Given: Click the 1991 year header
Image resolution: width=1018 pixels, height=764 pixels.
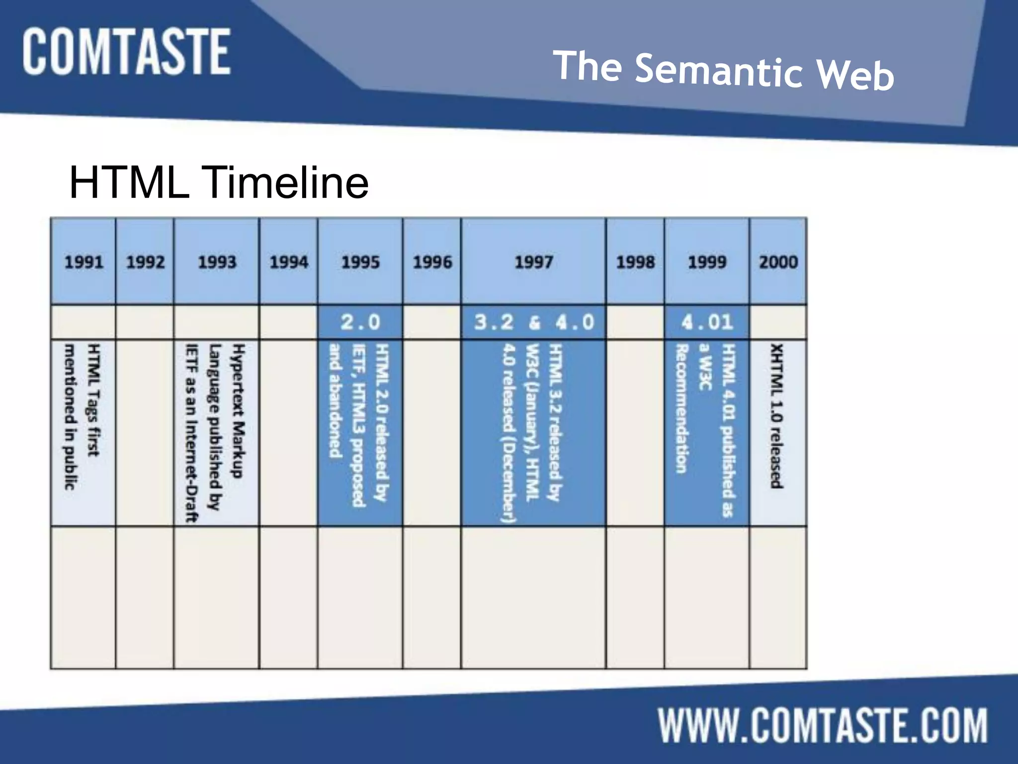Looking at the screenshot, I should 84,262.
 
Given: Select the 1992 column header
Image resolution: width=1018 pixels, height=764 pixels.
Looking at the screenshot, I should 145,262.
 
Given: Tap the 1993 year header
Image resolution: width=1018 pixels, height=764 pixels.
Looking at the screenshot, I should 217,262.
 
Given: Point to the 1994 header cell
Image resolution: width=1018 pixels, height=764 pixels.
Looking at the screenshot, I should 289,262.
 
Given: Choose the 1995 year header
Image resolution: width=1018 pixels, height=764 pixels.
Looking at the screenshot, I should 360,262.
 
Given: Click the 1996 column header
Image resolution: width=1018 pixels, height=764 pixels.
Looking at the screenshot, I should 432,262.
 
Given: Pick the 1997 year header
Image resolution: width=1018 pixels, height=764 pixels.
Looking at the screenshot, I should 533,262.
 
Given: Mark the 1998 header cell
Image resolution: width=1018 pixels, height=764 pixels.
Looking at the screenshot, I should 635,262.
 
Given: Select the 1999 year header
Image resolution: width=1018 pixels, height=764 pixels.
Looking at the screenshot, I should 707,262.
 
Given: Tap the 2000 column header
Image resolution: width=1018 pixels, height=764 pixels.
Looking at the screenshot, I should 778,262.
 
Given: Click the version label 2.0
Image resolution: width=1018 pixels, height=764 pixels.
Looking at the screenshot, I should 360,322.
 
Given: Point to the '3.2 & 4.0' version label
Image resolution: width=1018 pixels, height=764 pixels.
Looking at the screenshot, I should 533,322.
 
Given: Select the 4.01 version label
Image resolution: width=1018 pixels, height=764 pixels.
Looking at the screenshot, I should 707,322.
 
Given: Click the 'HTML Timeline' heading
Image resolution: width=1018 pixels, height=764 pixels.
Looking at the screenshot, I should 219,182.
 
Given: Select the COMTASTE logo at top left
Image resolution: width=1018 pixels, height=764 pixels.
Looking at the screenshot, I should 126,52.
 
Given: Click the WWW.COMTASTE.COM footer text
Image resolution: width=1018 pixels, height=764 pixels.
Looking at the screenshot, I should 823,726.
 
